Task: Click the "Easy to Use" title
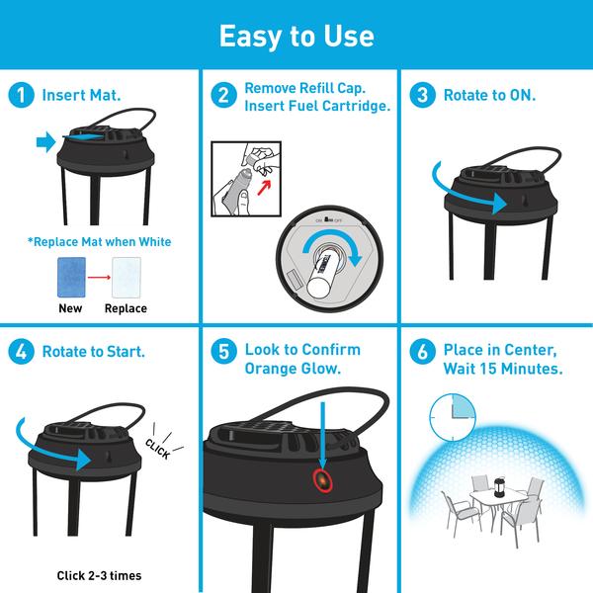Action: point(296,36)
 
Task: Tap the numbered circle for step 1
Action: point(21,95)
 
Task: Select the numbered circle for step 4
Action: point(21,351)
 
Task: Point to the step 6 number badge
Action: point(423,351)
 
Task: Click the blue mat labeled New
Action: point(71,277)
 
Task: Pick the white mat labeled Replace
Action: point(127,277)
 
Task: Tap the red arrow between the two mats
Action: point(99,277)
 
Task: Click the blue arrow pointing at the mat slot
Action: point(46,142)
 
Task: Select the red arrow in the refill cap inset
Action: point(264,187)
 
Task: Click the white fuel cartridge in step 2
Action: point(320,276)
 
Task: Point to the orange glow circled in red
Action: point(322,480)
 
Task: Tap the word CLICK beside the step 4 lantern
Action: point(158,449)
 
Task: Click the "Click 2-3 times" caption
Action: point(99,575)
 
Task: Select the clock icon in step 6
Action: point(453,417)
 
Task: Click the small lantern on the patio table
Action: point(499,487)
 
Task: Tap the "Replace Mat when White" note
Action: point(99,242)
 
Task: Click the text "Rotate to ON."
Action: point(489,95)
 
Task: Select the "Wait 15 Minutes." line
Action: point(503,369)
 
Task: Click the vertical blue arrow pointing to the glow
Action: point(322,435)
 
